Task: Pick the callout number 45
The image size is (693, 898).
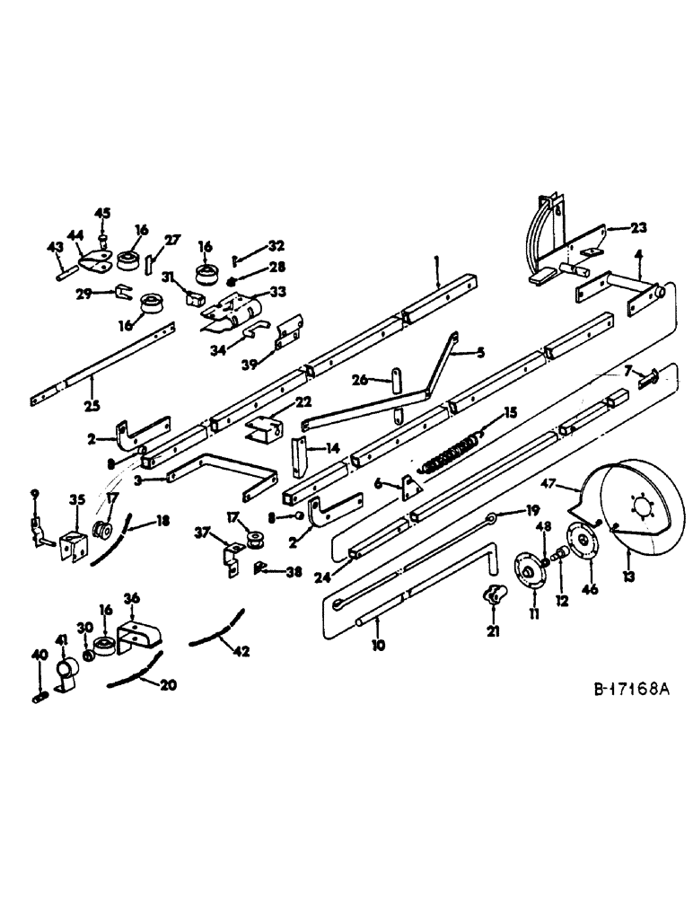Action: point(103,213)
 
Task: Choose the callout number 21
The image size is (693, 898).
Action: point(493,631)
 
